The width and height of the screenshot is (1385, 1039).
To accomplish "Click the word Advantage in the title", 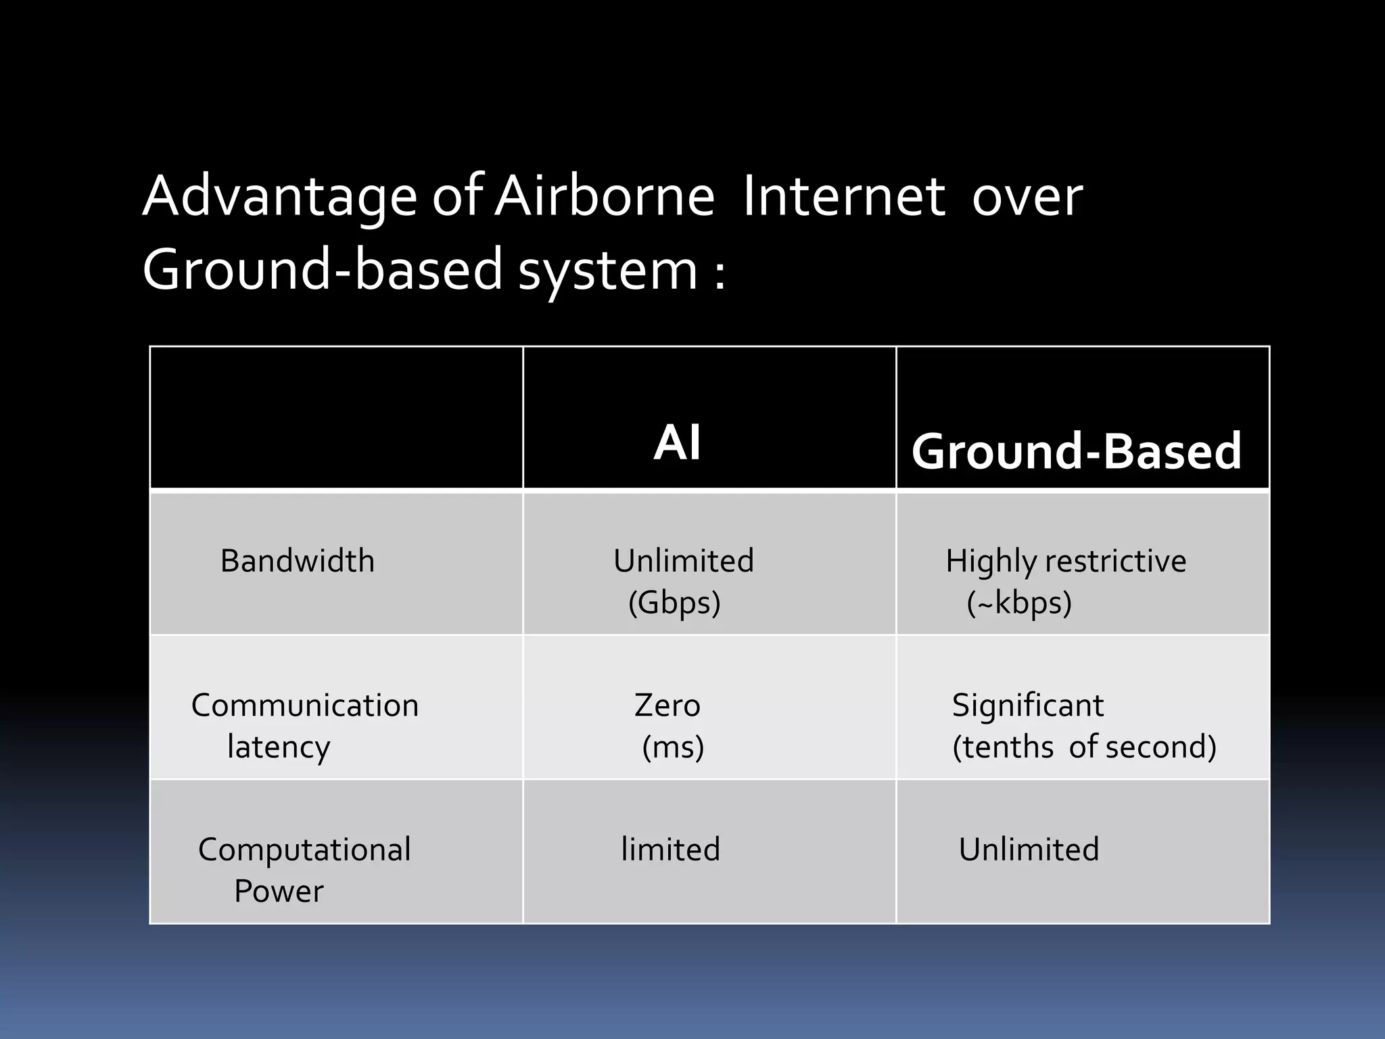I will tap(280, 198).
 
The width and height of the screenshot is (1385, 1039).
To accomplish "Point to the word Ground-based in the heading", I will tap(323, 269).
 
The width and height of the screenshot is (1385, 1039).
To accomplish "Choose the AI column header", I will tap(678, 443).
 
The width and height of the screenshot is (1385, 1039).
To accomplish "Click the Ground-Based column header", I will tap(1077, 451).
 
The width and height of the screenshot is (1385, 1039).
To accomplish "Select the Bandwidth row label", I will tap(298, 561).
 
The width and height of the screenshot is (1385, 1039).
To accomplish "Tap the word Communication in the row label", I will tap(305, 706).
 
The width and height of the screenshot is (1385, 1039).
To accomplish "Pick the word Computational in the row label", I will tap(304, 850).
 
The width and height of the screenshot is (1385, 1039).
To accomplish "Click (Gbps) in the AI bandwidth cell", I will tap(674, 602).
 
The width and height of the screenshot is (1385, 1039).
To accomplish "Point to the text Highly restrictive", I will tap(1066, 561).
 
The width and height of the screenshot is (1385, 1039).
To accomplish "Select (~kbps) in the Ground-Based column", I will tap(1019, 602).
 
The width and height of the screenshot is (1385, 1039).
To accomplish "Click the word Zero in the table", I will tap(667, 706).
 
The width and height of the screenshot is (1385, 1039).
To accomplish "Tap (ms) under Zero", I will tap(673, 747).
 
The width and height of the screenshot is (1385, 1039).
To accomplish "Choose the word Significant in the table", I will tap(1028, 706).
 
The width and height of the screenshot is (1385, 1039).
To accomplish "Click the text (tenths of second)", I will tap(1084, 747).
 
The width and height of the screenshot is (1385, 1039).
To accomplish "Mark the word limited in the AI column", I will tap(670, 850).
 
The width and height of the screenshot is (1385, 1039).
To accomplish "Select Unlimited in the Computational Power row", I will tap(1029, 850).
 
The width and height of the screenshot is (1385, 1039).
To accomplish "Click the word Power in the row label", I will tap(279, 891).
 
